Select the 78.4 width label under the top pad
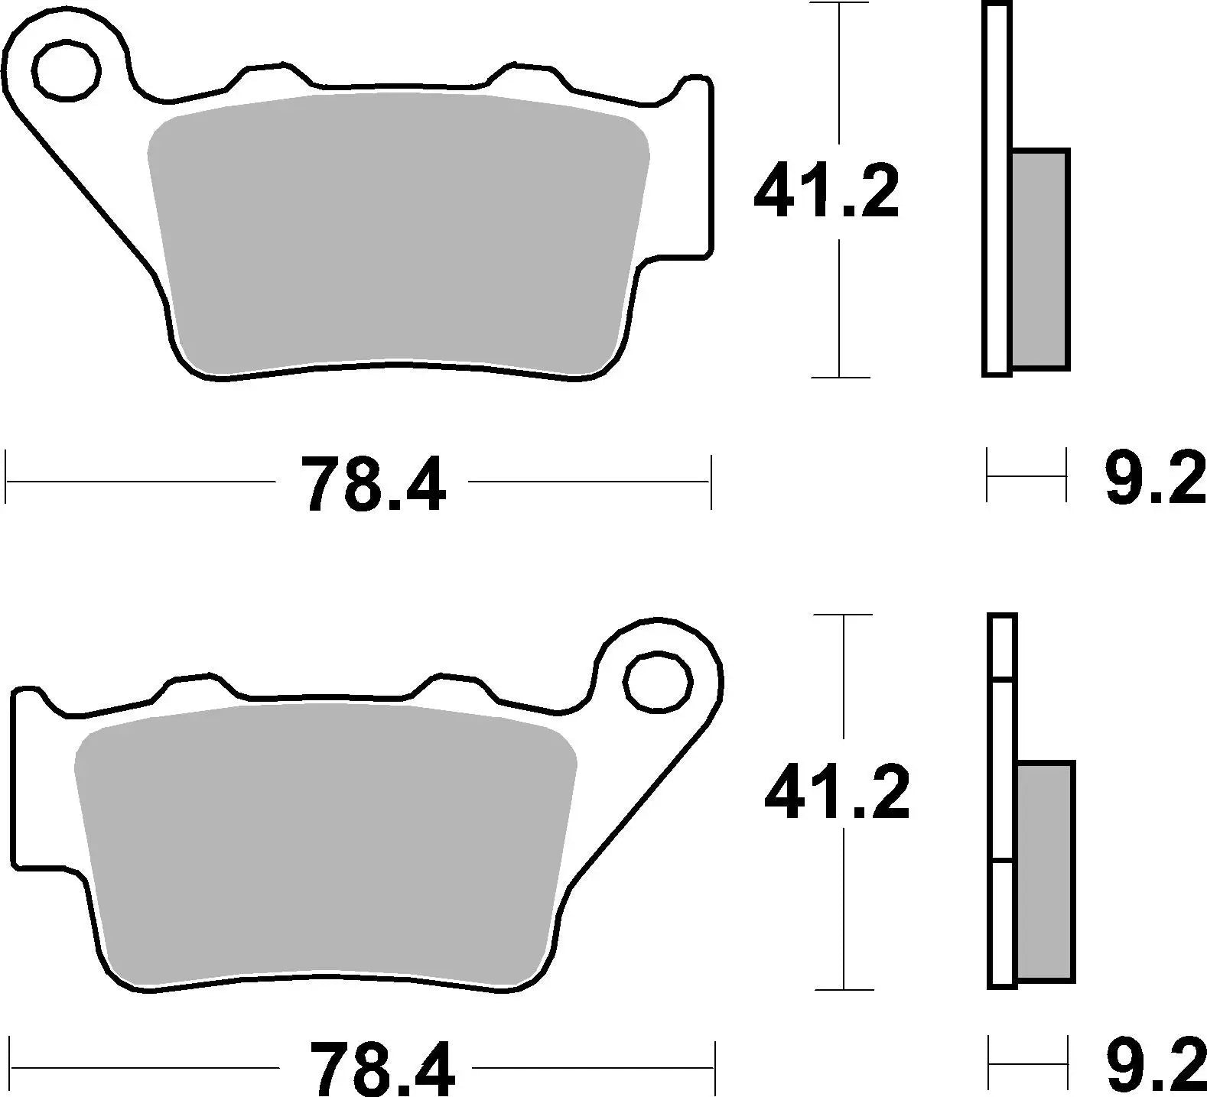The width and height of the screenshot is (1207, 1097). pos(373,484)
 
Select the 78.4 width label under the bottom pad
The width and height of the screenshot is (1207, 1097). pos(382,1069)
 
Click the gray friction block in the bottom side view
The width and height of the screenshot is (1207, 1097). pos(1046,871)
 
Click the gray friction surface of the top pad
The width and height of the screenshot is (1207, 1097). pos(398,229)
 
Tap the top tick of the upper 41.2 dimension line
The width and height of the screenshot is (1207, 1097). pos(840,4)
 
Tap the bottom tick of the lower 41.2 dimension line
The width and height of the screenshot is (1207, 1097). pos(844,989)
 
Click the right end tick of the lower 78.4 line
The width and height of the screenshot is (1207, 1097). pos(714,1068)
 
